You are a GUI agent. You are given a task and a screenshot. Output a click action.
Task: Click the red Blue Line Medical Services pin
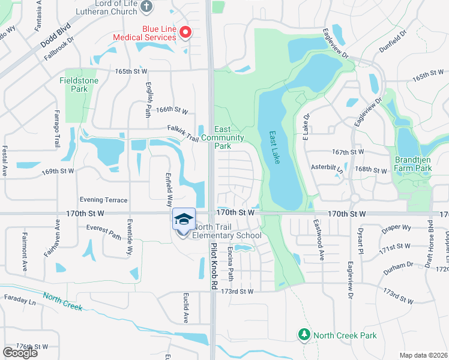[x=185, y=32]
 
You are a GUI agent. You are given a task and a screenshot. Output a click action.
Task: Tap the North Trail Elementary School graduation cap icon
[x=184, y=218]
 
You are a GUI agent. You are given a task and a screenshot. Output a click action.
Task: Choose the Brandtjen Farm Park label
[x=414, y=164]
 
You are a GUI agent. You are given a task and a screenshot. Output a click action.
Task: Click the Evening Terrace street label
[x=104, y=200]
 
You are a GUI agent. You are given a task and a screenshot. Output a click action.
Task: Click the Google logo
[x=20, y=353]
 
